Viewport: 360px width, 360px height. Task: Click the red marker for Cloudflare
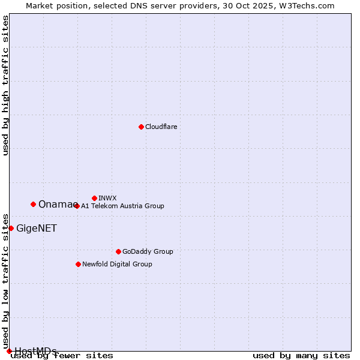coord(141,127)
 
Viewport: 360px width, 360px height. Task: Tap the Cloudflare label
coord(161,127)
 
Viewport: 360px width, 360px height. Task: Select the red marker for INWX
coord(94,198)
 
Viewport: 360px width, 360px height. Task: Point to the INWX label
coord(107,198)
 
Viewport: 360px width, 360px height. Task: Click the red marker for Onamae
coord(33,204)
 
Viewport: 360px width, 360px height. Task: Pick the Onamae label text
coord(55,205)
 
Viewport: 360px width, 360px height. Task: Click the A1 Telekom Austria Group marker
coord(77,206)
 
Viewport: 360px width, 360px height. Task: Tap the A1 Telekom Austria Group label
coord(122,206)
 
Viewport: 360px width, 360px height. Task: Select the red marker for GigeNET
coord(11,228)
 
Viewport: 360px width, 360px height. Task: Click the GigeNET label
coord(37,228)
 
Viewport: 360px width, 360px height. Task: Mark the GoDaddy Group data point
coord(118,251)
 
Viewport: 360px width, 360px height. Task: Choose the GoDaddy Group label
coord(148,251)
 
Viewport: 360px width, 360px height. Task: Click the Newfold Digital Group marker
coord(78,264)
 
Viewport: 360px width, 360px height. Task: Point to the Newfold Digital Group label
coord(117,264)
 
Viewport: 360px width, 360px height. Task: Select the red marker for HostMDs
coord(9,351)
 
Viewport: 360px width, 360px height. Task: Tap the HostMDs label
coord(35,351)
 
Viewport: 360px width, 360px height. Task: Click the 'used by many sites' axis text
coord(301,355)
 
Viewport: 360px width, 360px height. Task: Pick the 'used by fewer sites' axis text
coord(62,355)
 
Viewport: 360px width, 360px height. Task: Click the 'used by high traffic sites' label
coord(5,85)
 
